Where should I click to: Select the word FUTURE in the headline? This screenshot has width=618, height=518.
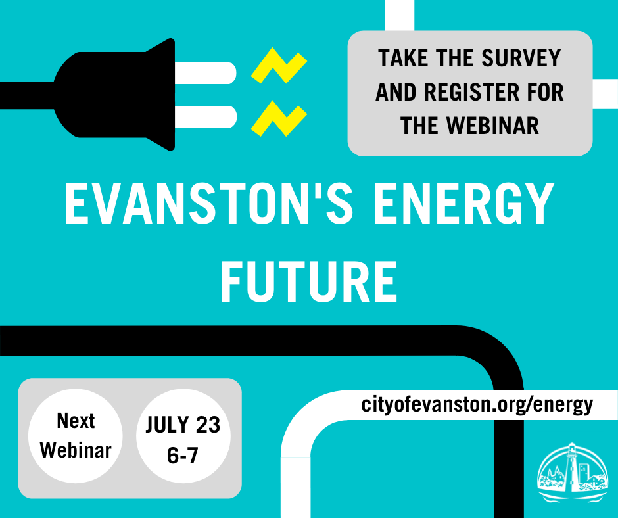308,281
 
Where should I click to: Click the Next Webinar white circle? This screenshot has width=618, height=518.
76,436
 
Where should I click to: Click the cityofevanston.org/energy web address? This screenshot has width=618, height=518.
477,404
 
